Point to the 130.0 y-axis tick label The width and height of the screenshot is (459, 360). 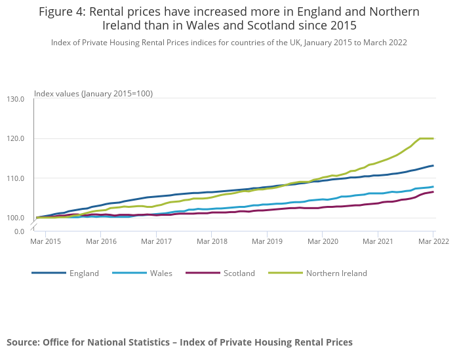[x=15, y=99]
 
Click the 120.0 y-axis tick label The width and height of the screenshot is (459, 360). [x=15, y=138]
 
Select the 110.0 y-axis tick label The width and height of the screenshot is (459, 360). [x=15, y=178]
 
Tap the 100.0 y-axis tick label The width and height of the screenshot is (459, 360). [x=15, y=218]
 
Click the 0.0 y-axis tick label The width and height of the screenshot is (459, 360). [x=19, y=231]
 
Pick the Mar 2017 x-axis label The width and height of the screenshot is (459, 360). [x=156, y=241]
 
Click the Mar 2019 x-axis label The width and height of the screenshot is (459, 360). [x=266, y=241]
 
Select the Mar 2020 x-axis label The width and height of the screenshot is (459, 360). [x=322, y=241]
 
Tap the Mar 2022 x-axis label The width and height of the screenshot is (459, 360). [x=433, y=241]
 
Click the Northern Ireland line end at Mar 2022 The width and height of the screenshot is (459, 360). [x=433, y=138]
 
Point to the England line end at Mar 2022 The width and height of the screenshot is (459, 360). [x=433, y=165]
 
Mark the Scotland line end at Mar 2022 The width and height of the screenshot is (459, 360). [x=433, y=191]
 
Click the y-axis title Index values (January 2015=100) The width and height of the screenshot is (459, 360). [x=93, y=94]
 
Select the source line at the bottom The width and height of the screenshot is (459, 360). [x=180, y=342]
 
